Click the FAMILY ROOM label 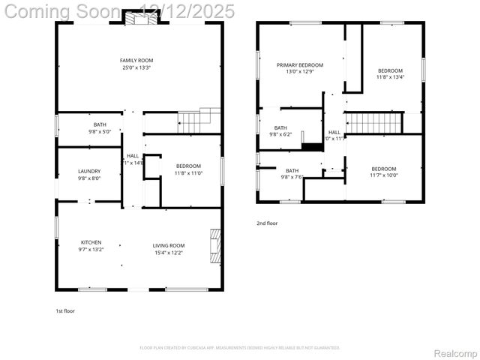point(136,60)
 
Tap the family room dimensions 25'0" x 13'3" point(136,67)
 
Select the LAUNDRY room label point(89,171)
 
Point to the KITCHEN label point(91,242)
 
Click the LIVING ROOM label point(169,245)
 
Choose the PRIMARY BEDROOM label point(299,65)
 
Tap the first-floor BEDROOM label point(188,166)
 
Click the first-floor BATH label point(100,124)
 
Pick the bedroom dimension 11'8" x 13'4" point(390,76)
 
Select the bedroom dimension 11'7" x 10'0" point(384,175)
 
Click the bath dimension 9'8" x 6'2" point(280,134)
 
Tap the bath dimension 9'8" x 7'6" point(292,177)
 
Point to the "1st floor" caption point(65,310)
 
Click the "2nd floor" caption point(267,223)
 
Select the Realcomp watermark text point(455,353)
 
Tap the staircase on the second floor point(373,121)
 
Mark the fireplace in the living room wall point(216,245)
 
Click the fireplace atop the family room point(136,18)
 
